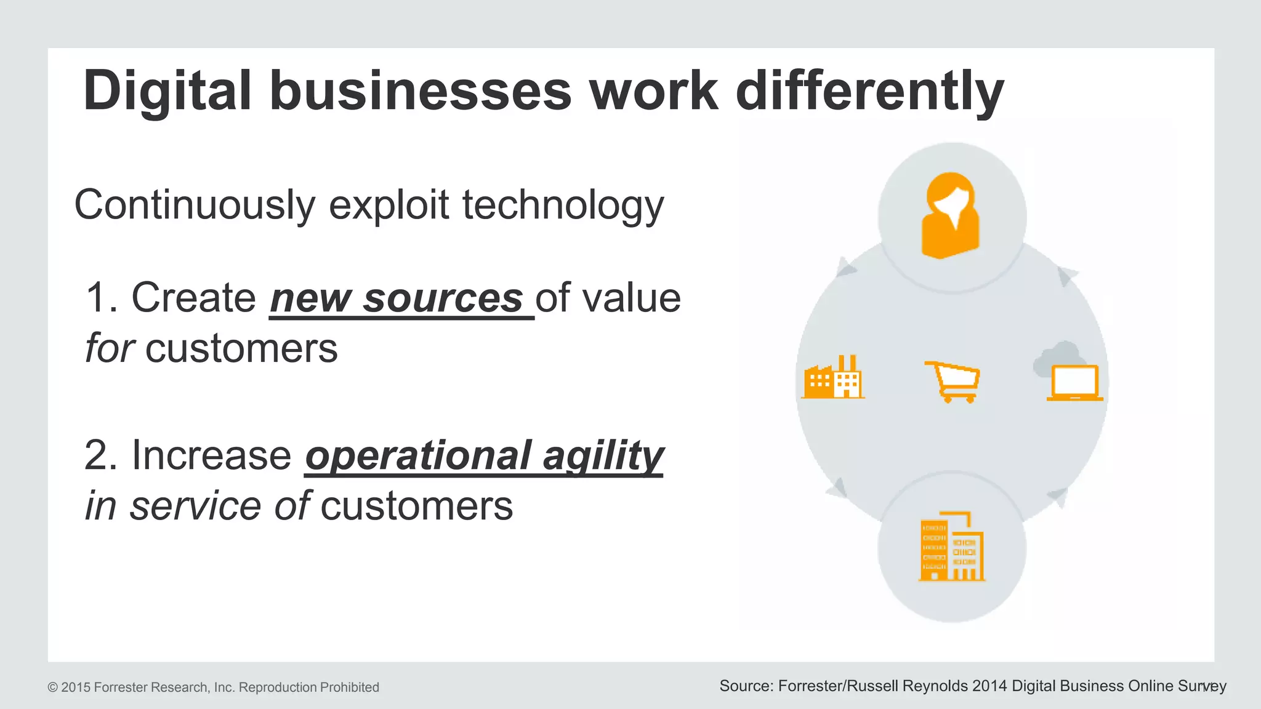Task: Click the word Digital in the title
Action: [x=167, y=91]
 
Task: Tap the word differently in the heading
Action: [x=870, y=91]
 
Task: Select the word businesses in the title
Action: [x=421, y=91]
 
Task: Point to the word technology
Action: [x=563, y=205]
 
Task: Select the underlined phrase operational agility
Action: [x=484, y=456]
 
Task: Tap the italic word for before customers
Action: [x=109, y=349]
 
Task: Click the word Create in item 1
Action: [x=193, y=298]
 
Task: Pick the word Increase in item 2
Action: [x=211, y=456]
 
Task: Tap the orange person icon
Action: [x=951, y=215]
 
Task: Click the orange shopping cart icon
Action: [x=953, y=382]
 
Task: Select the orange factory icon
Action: [x=833, y=378]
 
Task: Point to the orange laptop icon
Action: [x=1074, y=383]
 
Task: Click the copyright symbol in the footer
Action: [x=53, y=687]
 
